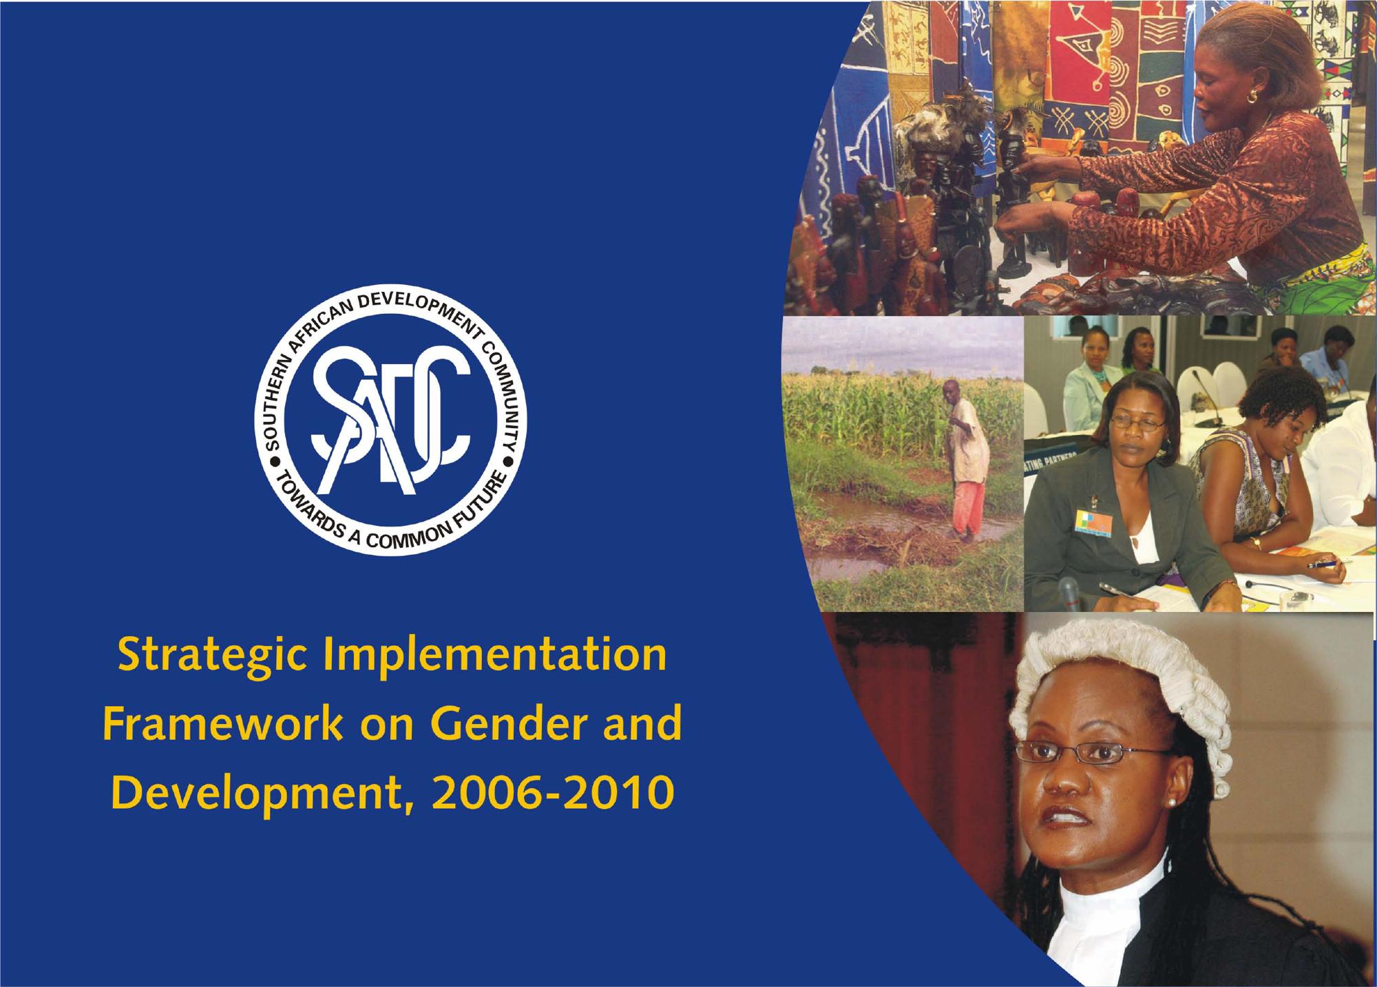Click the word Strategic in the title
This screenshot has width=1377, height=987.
[213, 657]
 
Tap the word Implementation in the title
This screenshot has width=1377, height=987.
[495, 657]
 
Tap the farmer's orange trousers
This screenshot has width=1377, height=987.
[967, 507]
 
